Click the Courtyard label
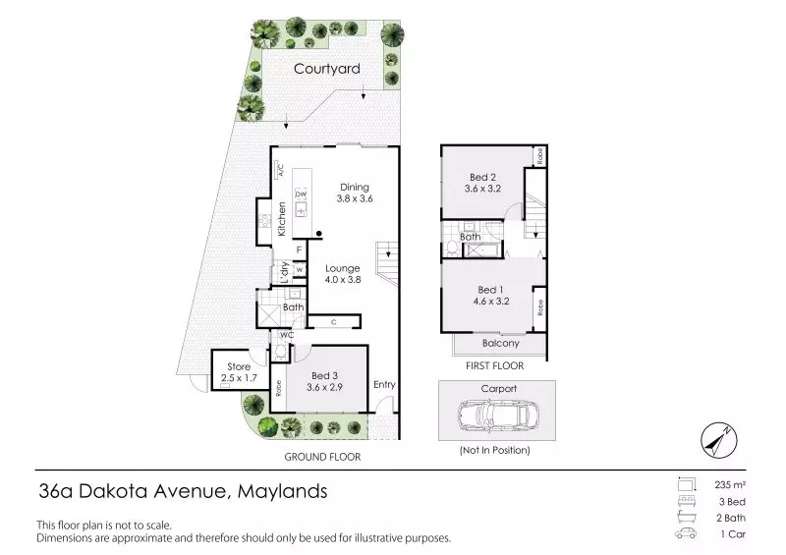pos(326,70)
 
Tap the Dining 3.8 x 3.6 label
pos(354,193)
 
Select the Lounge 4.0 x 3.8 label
pos(344,274)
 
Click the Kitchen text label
pos(281,218)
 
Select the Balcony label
pos(500,344)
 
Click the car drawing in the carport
pos(497,416)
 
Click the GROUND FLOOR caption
pos(321,457)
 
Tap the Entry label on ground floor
pos(384,385)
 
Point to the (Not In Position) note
pos(496,450)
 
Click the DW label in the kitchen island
pos(302,194)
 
